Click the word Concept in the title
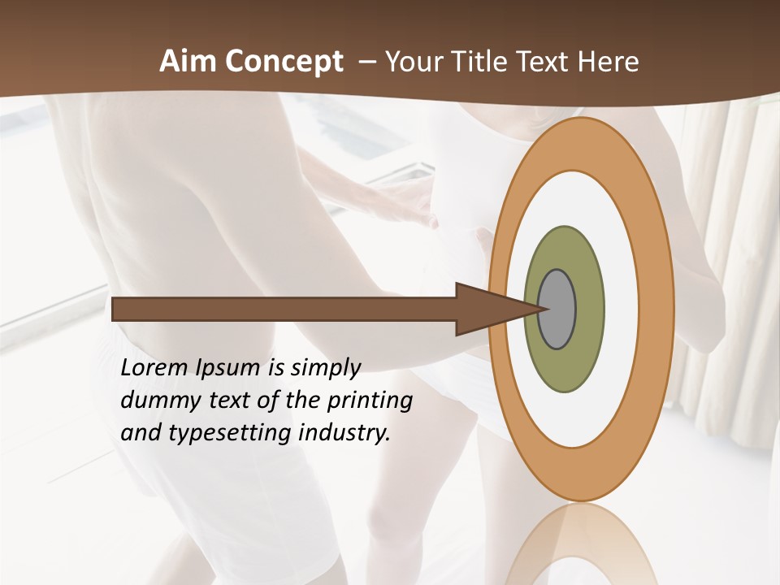point(283,62)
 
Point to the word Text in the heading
point(547,62)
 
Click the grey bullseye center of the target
point(557,310)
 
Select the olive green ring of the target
point(564,366)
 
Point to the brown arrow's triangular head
point(487,310)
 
